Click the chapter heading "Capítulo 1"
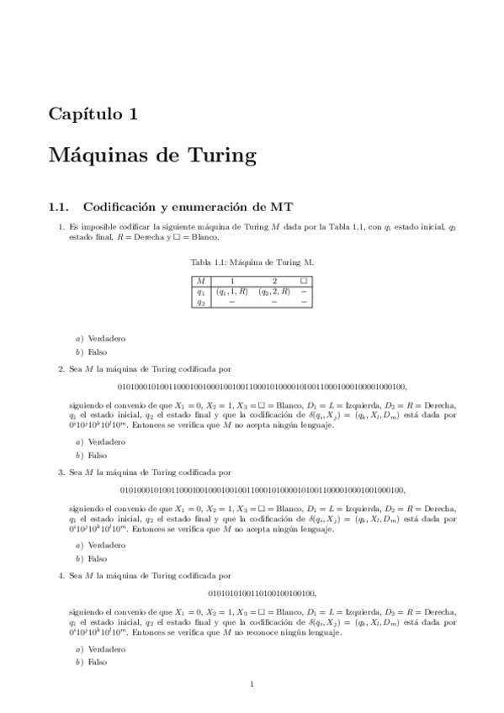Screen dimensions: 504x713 (x=93, y=114)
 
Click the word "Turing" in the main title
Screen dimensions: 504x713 (x=210, y=156)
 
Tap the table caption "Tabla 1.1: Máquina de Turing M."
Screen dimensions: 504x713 (x=252, y=261)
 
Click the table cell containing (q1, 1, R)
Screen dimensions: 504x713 (x=231, y=291)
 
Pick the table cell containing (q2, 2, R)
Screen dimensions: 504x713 (x=273, y=291)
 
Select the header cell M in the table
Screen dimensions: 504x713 (x=200, y=281)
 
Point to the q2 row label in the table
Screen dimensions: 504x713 (x=200, y=301)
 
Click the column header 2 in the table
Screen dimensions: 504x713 (x=273, y=281)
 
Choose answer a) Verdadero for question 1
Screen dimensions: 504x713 (x=104, y=338)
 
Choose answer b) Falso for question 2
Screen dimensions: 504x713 (x=95, y=454)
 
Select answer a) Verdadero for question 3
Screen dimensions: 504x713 (x=104, y=545)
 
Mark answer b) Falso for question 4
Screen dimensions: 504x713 (x=95, y=662)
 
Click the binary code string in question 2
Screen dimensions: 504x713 (x=263, y=387)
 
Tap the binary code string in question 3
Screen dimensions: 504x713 (x=263, y=490)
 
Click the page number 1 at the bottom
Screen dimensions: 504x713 (x=252, y=684)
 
